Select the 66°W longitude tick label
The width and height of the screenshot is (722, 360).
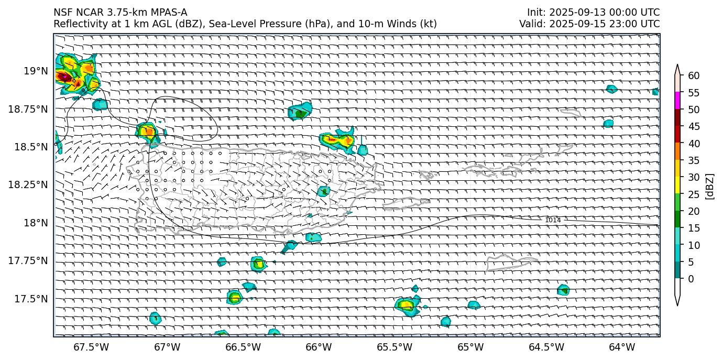pos(319,347)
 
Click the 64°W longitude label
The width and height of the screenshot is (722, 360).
pos(622,347)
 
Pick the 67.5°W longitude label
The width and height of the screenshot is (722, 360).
pos(91,347)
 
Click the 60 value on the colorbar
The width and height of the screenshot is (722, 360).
pos(694,76)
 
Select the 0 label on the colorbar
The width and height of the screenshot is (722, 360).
pos(691,278)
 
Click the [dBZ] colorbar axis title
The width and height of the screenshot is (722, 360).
pos(710,186)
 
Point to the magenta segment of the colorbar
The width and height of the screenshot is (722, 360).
pos(677,100)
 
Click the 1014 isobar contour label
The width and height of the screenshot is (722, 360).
pos(553,220)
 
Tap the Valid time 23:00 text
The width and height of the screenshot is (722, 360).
pos(627,24)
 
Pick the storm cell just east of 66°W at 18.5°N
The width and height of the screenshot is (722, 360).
pos(338,140)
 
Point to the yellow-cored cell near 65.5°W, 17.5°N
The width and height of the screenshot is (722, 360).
pos(406,304)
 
